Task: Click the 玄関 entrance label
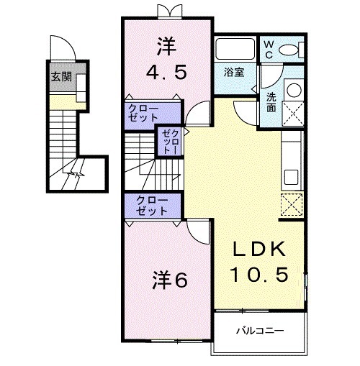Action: coord(60,76)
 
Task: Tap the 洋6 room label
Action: coord(169,280)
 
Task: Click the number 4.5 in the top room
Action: coord(166,71)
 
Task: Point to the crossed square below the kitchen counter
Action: coord(292,206)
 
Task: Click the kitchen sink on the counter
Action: coord(292,176)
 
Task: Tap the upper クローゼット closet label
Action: coord(144,113)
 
